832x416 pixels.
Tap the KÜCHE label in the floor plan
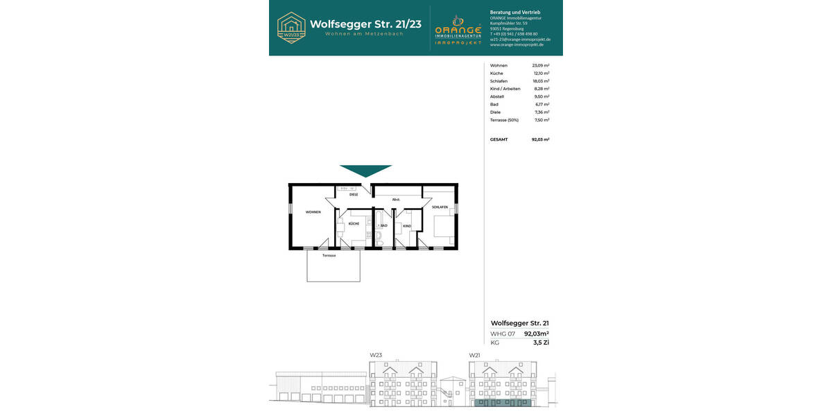pos(354,224)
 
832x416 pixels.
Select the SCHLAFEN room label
pos(440,207)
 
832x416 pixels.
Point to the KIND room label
pos(407,226)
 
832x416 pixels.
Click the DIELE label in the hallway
pos(354,195)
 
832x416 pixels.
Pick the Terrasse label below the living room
pos(329,256)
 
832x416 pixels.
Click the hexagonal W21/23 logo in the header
pos(291,28)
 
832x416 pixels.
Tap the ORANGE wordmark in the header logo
pos(458,31)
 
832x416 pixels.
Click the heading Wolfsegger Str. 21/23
pos(365,24)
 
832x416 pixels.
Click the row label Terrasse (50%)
pos(504,120)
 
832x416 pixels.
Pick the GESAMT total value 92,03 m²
pos(540,139)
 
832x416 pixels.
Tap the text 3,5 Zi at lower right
pos(541,343)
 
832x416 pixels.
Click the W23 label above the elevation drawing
pos(376,355)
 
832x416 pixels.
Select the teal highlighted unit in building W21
pos(503,402)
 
